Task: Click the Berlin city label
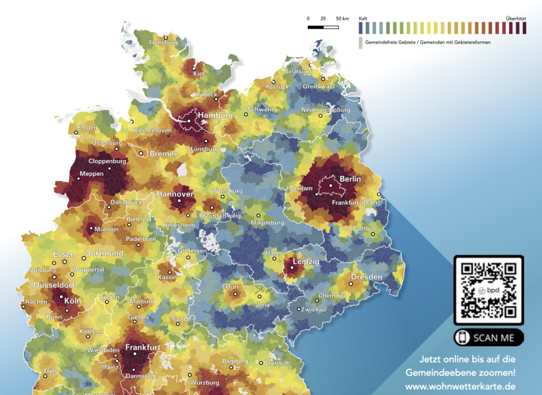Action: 350,179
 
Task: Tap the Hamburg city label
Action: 216,115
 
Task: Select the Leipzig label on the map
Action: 305,261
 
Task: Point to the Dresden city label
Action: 366,277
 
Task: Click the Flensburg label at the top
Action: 164,42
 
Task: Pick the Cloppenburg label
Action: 106,160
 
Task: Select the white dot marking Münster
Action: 91,229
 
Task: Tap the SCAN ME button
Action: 489,338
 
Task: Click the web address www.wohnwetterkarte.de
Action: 460,386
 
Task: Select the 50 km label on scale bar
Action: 342,18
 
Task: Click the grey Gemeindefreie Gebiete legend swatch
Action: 361,43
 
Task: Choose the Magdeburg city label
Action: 268,223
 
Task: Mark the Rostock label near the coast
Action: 277,87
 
